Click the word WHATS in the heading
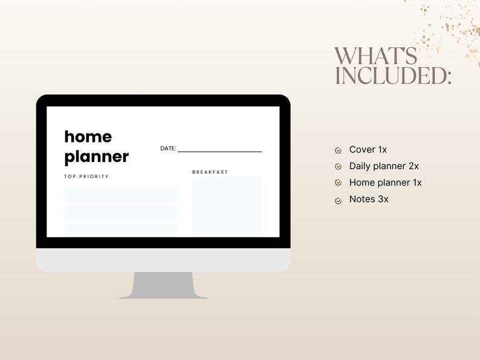tap(375, 56)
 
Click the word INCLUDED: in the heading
tap(393, 76)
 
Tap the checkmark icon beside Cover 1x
tap(338, 150)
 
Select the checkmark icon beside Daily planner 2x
tap(338, 167)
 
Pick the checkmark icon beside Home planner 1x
tap(338, 183)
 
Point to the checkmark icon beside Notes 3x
tap(338, 200)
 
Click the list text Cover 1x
tap(368, 150)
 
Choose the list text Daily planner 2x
tap(384, 166)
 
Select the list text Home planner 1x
tap(385, 182)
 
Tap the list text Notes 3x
tap(369, 199)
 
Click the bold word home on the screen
tap(88, 137)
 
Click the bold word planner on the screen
tap(96, 157)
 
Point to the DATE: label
tap(167, 149)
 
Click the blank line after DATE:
tap(219, 151)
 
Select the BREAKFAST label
tap(210, 172)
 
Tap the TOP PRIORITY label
tap(86, 177)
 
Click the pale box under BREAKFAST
tap(227, 206)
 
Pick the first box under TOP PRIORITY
tap(121, 194)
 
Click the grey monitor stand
tap(163, 285)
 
